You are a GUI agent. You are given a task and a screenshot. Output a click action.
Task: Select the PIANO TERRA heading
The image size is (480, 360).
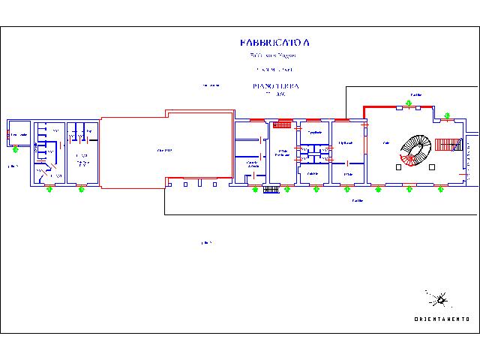(275, 86)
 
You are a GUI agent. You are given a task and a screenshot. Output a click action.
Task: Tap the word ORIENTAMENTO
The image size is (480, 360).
(442, 319)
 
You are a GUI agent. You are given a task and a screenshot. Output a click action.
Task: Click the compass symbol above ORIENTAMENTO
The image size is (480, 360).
(439, 300)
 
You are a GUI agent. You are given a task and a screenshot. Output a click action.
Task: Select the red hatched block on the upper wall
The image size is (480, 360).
(284, 124)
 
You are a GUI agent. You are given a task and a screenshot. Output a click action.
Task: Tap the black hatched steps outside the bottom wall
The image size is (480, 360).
(271, 190)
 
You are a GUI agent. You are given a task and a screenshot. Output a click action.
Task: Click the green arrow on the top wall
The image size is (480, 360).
(447, 115)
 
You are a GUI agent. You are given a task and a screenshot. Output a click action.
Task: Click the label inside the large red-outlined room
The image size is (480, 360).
(164, 151)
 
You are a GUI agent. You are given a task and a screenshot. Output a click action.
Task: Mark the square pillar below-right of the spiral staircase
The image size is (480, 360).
(431, 168)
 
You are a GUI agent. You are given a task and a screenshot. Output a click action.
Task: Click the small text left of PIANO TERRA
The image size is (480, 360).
(211, 85)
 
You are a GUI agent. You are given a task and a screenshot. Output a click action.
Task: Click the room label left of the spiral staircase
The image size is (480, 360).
(385, 142)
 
